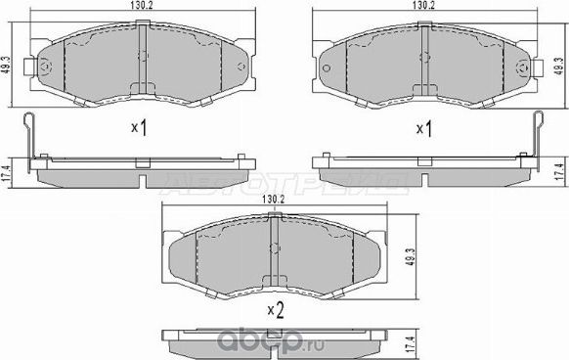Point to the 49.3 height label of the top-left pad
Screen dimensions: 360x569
pyautogui.click(x=7, y=61)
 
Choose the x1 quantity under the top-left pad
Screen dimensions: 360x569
pyautogui.click(x=139, y=128)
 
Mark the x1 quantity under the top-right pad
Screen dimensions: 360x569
pyautogui.click(x=424, y=128)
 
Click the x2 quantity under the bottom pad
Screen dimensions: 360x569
pyautogui.click(x=276, y=311)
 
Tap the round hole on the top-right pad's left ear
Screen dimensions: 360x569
pyautogui.click(x=328, y=67)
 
